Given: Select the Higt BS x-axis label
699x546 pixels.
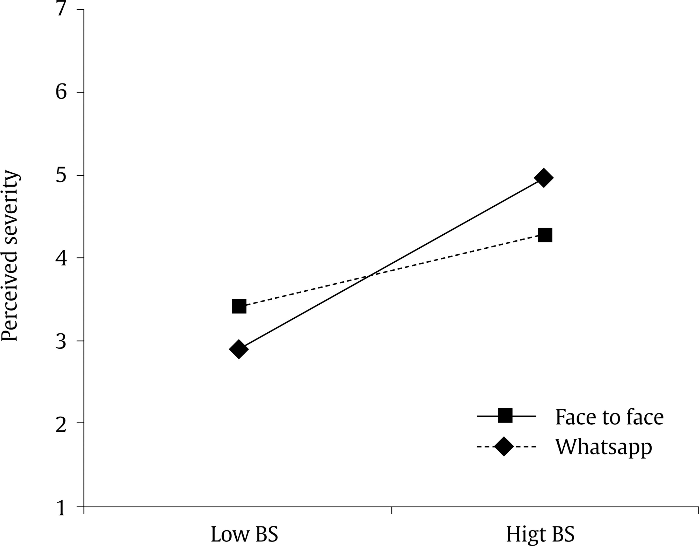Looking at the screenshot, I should [541, 534].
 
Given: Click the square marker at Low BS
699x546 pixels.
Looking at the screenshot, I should [239, 306].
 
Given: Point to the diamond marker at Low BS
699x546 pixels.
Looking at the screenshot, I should [239, 349].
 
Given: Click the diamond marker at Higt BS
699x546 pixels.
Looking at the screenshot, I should [543, 178].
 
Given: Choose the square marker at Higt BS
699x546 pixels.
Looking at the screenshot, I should [545, 235].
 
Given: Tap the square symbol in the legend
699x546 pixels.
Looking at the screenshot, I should [505, 416].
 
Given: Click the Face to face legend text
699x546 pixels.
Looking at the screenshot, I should [609, 417].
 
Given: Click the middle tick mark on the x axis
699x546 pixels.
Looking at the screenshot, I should [391, 510].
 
